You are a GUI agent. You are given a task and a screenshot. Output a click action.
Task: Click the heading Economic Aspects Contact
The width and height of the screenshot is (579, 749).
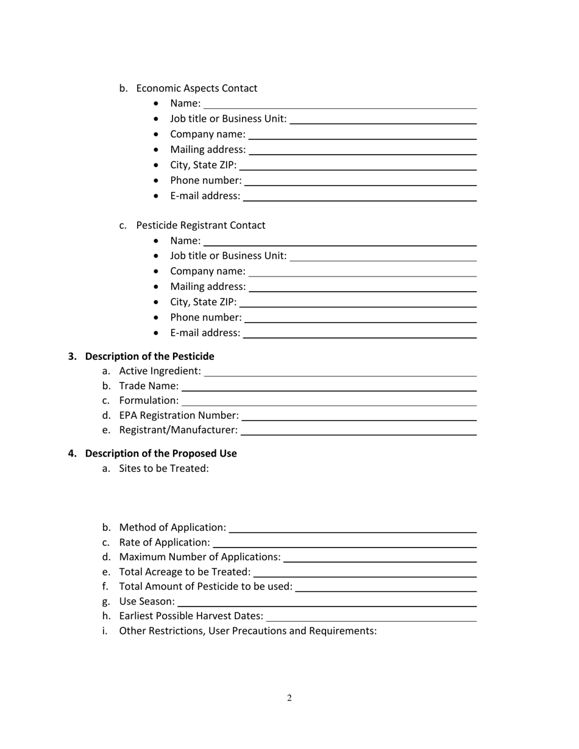[x=196, y=88]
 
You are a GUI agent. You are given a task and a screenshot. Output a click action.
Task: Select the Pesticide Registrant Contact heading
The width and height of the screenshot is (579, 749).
[x=201, y=225]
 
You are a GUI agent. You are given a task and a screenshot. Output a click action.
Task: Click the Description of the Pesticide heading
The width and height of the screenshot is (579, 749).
[x=149, y=356]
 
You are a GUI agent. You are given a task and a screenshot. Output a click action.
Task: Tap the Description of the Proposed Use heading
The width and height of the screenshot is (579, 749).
[x=161, y=454]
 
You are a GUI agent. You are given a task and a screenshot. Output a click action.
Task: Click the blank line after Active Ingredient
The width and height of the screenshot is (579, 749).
[x=340, y=375]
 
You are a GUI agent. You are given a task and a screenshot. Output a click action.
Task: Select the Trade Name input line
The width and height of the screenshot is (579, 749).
[x=329, y=390]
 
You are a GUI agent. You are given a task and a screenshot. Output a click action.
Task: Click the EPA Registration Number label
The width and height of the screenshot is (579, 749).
[x=179, y=415]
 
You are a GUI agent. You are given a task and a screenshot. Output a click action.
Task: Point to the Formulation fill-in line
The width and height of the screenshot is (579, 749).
[x=329, y=404]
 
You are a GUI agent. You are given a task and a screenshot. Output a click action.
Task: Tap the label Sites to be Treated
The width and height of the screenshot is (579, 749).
[x=164, y=468]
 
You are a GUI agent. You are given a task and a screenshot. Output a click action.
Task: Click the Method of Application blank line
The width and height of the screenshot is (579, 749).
[x=352, y=532]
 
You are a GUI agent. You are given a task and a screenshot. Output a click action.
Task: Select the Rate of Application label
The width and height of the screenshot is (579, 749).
[x=165, y=542]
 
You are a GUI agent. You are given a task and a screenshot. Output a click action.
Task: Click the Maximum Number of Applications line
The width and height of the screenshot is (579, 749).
[x=380, y=561]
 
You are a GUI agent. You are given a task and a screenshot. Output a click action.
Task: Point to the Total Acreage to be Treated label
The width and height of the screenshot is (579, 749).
[x=185, y=572]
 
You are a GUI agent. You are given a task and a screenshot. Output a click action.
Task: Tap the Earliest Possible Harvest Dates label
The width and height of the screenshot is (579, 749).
[x=191, y=616]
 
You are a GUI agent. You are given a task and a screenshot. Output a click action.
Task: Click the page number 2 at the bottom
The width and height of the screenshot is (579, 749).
[x=289, y=698]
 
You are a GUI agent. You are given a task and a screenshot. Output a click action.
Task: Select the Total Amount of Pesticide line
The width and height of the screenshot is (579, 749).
[x=386, y=591]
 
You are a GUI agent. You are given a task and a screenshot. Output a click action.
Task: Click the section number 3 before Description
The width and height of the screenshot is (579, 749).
[x=72, y=356]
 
